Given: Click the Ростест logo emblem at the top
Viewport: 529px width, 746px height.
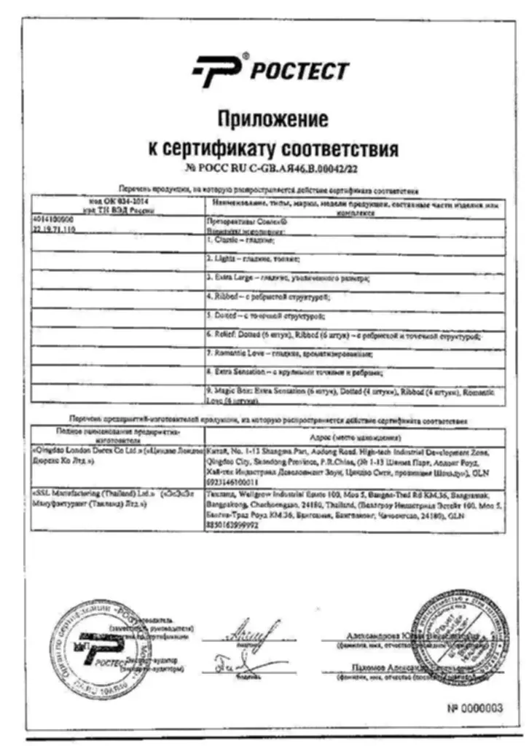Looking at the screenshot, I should click(218, 71).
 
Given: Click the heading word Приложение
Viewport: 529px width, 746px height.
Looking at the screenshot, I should click(272, 118).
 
